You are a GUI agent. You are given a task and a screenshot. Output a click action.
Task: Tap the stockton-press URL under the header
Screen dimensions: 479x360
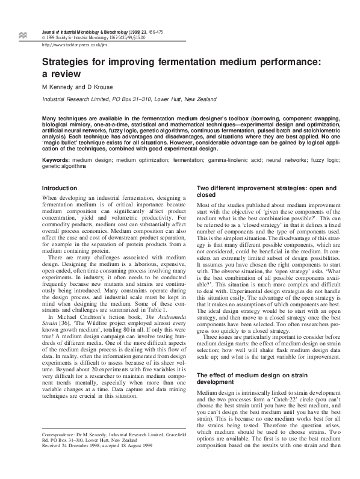coord(74,45)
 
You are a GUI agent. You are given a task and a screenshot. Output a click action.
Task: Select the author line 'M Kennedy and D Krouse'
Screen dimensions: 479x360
coord(76,87)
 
